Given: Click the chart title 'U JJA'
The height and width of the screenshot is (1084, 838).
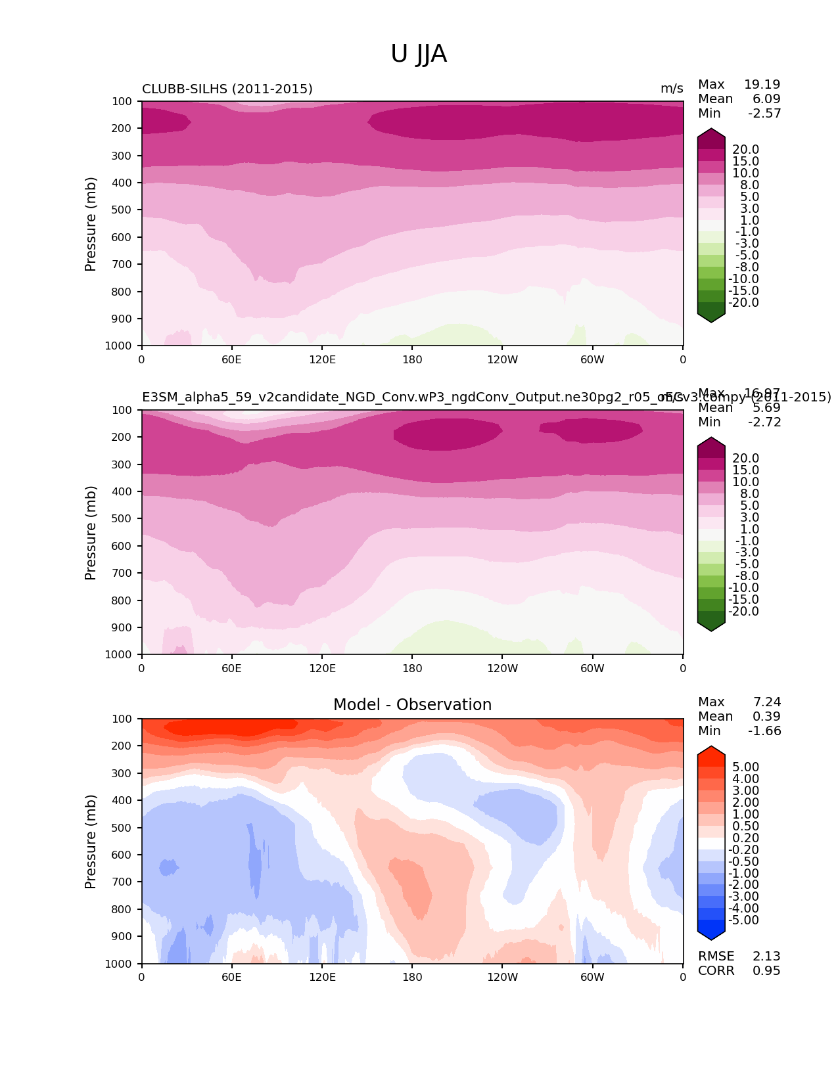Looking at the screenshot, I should [419, 54].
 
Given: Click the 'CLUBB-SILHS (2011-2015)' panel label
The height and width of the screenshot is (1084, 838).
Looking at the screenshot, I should [227, 89].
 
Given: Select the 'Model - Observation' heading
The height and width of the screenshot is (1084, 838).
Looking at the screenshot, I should [412, 705].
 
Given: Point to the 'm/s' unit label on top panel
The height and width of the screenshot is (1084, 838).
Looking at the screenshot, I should [672, 89].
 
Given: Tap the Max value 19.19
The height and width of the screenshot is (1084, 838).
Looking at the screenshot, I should [762, 84].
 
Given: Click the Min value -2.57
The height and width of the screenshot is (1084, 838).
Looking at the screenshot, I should [764, 113].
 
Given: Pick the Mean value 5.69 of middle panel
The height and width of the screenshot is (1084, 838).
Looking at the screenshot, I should [766, 407].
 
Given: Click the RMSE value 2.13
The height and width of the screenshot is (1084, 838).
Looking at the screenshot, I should [766, 956].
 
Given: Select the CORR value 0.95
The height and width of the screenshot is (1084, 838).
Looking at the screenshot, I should [766, 970].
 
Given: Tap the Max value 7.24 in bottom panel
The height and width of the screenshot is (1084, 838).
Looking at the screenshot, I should [766, 702].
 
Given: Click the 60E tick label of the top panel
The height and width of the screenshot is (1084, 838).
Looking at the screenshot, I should [231, 359].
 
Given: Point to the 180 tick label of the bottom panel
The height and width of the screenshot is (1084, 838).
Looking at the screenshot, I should [412, 977].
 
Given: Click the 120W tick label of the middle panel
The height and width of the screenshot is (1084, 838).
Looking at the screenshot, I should [502, 668].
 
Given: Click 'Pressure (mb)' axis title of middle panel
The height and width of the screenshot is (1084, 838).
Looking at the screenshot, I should [91, 533].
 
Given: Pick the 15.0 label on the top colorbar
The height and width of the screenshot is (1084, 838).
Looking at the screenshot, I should [745, 161].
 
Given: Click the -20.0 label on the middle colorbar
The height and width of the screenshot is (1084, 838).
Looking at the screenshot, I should [743, 611].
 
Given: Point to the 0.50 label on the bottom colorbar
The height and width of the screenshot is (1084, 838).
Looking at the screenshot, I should [745, 826].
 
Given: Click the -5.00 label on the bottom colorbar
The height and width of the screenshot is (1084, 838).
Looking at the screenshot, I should [743, 920].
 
